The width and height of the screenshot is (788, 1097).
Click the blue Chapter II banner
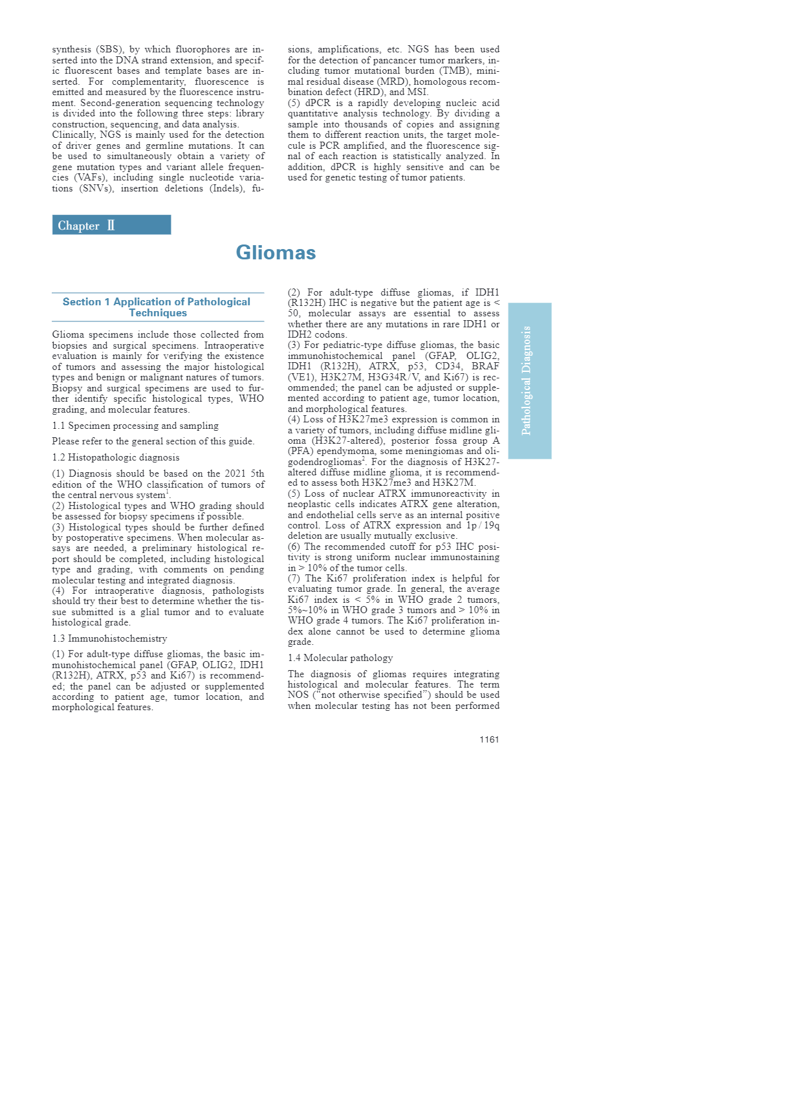point(111,225)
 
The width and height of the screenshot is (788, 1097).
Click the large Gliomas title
point(276,252)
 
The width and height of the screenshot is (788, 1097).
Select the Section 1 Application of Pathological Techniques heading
point(157,307)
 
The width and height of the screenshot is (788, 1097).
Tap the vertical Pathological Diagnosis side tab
point(529,380)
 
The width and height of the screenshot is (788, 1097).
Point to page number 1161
point(489,739)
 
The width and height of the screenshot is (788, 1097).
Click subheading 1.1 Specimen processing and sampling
point(135,426)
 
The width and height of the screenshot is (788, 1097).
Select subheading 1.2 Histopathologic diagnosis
point(116,457)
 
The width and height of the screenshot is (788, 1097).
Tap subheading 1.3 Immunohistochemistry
point(109,638)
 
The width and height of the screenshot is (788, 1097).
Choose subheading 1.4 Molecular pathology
point(340,658)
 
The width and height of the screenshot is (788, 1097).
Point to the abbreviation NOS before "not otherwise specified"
point(298,695)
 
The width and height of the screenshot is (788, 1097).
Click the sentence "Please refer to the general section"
point(153,441)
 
